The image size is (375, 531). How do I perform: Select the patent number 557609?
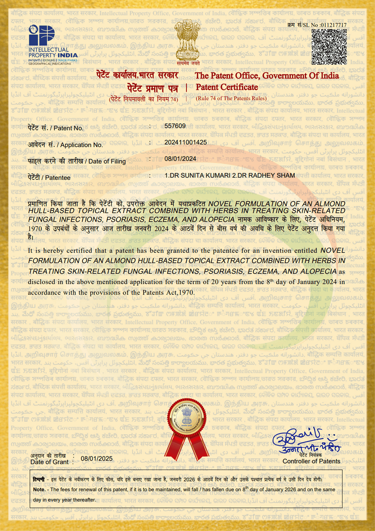pyautogui.click(x=175, y=126)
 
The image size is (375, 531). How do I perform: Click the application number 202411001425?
pyautogui.click(x=185, y=143)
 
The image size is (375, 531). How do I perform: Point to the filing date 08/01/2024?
pyautogui.click(x=180, y=159)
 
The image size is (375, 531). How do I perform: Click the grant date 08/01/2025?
pyautogui.click(x=97, y=459)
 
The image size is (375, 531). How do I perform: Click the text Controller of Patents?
pyautogui.click(x=311, y=461)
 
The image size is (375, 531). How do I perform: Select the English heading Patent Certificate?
pyautogui.click(x=227, y=87)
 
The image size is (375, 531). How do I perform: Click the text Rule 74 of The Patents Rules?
pyautogui.click(x=231, y=98)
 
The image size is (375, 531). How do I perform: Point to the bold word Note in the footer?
pyautogui.click(x=39, y=489)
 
